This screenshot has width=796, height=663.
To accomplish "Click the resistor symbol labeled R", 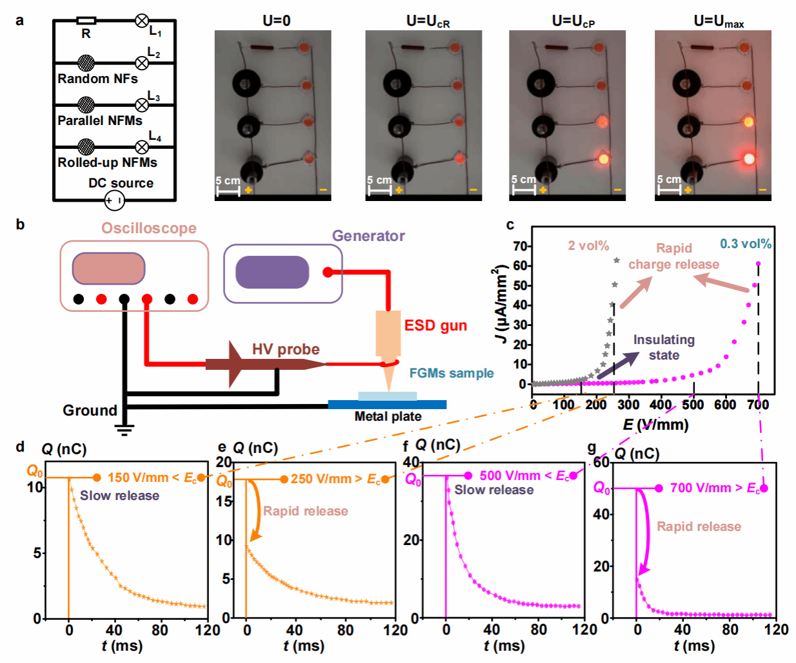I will (86, 21).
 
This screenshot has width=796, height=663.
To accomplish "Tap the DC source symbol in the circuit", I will (114, 200).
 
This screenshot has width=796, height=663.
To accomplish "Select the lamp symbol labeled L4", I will (142, 147).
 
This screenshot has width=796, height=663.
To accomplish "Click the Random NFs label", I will (97, 79).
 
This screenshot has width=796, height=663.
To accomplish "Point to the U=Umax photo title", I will (718, 21).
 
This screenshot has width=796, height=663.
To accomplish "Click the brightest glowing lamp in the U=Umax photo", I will (748, 158).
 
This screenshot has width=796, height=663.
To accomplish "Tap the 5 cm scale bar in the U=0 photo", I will (228, 191).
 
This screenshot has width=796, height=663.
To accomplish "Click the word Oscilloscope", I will (148, 229).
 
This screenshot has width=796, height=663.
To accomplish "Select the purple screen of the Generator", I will (272, 272).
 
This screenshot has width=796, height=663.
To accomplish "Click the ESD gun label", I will (435, 325).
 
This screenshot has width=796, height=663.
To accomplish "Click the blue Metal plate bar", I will (387, 405).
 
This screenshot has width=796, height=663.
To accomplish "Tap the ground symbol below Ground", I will (124, 429).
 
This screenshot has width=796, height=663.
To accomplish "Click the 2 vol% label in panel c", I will (588, 245).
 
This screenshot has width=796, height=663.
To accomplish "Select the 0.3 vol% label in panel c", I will (746, 244).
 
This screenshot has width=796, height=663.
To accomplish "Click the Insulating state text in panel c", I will (664, 347).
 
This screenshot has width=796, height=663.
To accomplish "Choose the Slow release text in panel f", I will (493, 490).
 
